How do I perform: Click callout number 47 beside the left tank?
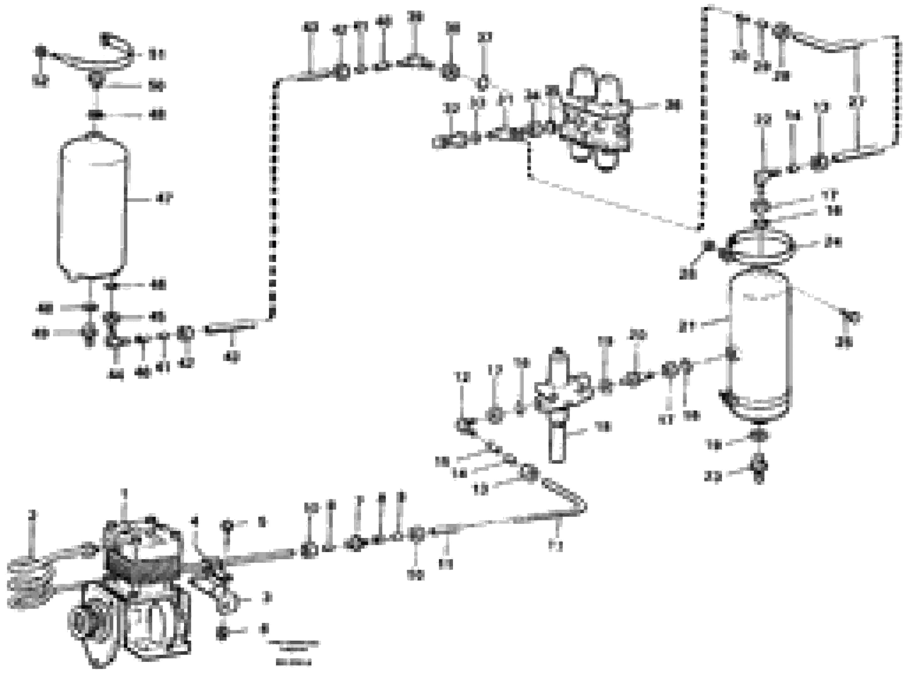164,200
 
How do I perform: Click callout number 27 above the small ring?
485,38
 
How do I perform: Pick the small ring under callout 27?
482,83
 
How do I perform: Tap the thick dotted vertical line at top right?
703,119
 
